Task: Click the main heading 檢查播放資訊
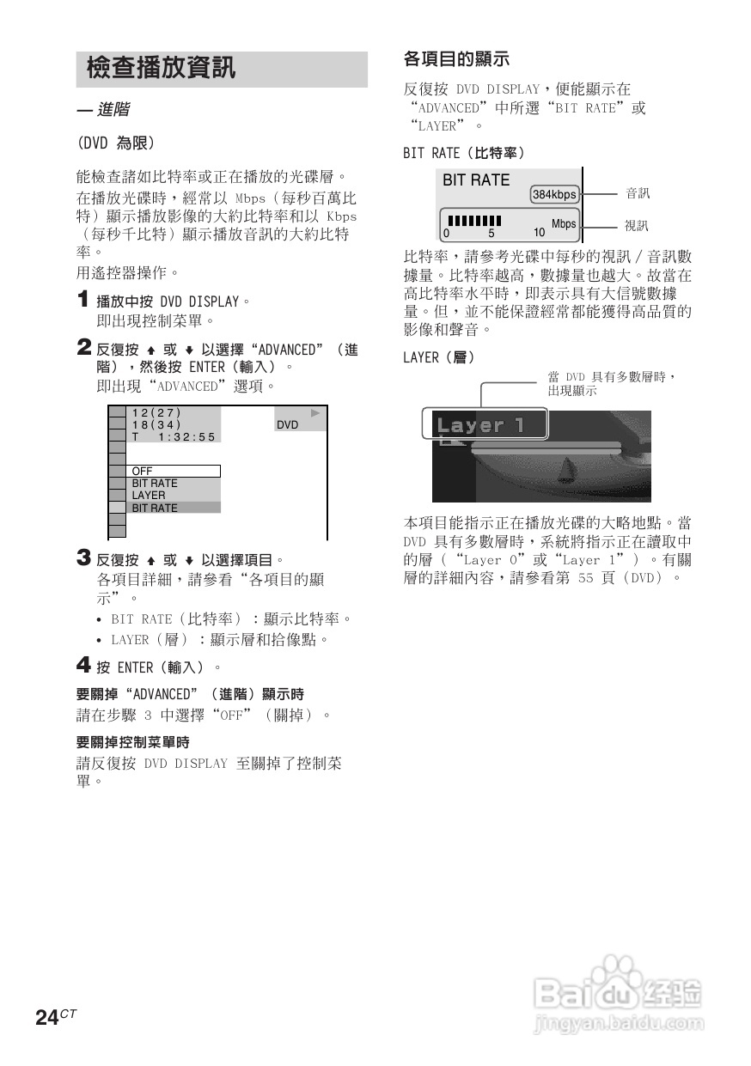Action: [161, 69]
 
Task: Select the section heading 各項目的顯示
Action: [456, 59]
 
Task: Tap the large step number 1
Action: [82, 301]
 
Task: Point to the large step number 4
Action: [83, 666]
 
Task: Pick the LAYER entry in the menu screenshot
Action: [149, 496]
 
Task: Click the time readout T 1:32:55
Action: [174, 436]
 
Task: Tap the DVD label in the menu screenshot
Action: [288, 425]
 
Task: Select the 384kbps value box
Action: [554, 194]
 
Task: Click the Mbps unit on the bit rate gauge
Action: [564, 225]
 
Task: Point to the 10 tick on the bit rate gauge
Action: [539, 233]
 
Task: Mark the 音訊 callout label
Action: [637, 194]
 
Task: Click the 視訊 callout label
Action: [637, 226]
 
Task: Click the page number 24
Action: [46, 1018]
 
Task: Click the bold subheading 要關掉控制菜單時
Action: [132, 741]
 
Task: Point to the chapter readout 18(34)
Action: [156, 424]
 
